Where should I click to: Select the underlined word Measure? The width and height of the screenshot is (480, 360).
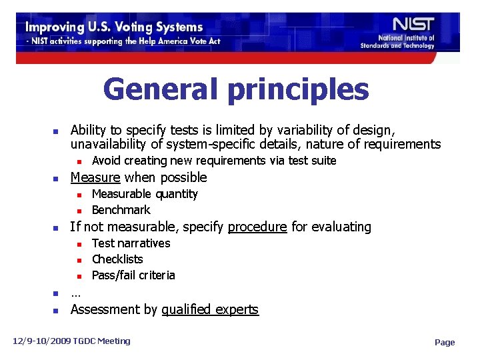(x=95, y=177)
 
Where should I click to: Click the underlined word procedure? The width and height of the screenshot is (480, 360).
(x=257, y=227)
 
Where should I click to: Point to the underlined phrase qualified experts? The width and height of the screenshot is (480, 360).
(x=210, y=309)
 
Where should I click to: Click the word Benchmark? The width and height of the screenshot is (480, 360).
(x=121, y=210)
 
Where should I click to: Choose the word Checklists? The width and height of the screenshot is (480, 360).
(x=117, y=259)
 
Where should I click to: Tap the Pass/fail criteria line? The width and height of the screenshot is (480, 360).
(x=133, y=275)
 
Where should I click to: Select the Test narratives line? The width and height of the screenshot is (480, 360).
(x=131, y=243)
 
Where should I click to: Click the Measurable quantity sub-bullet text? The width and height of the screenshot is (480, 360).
(x=145, y=194)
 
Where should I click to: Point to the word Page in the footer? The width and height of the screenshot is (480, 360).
(x=445, y=343)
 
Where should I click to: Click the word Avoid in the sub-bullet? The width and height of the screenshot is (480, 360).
(x=105, y=161)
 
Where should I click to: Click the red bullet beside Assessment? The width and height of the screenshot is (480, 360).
(x=57, y=311)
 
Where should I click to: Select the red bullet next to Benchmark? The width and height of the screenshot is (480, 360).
(x=78, y=211)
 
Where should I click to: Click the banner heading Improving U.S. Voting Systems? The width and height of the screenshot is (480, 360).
(x=114, y=27)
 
